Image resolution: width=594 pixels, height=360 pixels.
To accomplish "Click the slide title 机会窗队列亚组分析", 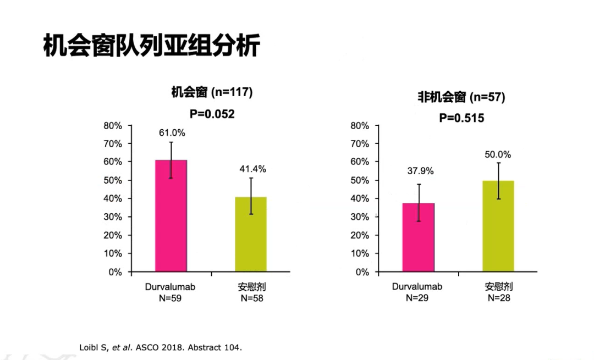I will (151, 46).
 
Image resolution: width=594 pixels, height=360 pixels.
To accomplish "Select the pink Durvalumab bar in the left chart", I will (170, 220).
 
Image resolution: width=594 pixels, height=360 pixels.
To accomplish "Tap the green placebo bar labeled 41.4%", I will (251, 236).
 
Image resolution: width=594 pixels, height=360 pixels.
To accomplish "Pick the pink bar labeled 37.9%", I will (418, 239).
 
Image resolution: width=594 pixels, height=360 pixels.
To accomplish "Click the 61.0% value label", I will (172, 132).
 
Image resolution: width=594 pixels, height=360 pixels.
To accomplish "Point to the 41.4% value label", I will (252, 169).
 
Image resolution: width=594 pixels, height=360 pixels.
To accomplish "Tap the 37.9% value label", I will (420, 171).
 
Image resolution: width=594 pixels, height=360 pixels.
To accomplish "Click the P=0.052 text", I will (212, 114).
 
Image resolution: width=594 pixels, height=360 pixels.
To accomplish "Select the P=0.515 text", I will (461, 118).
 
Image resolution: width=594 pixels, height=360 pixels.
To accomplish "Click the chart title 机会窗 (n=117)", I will (212, 92).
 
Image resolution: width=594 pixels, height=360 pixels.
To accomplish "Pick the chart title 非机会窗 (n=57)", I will (461, 97).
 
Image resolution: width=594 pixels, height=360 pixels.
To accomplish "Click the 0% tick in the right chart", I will (361, 272).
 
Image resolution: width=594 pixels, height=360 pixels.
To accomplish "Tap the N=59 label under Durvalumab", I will (170, 298).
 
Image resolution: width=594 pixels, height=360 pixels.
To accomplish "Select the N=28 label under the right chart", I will (499, 298).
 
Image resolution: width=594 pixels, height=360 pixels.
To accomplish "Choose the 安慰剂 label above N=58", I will (252, 287).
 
